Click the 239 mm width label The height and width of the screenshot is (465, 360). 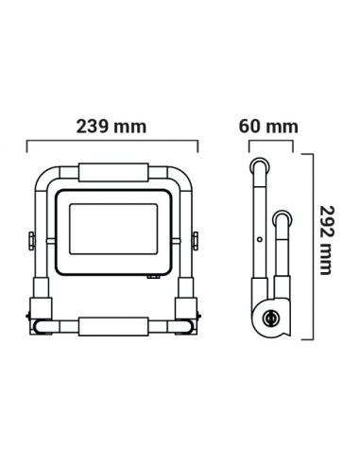[x=111, y=127]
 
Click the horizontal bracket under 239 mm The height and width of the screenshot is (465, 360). [x=111, y=144]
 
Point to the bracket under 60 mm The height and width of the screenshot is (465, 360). [x=271, y=144]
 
